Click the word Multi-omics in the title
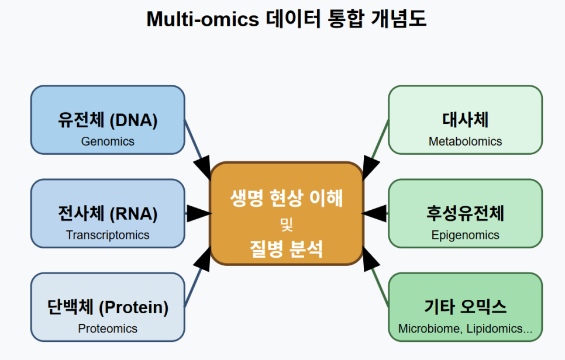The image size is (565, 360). coord(202,19)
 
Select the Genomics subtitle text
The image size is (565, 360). coord(108,141)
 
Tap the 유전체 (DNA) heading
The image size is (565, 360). coord(108,120)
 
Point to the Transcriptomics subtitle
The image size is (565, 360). coord(108,235)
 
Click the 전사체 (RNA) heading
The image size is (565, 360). coord(108,213)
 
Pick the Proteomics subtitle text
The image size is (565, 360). coord(108,328)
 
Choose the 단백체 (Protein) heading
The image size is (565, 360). coord(108,307)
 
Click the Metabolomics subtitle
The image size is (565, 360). coord(465,141)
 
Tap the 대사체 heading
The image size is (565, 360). coord(465,120)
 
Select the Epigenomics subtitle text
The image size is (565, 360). coord(465,235)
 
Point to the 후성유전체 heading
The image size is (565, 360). coord(465,213)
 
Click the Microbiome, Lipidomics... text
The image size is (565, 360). coord(465,328)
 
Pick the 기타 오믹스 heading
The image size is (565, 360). coord(465,307)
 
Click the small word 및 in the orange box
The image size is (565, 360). coord(287,224)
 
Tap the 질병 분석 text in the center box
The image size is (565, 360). coord(287,249)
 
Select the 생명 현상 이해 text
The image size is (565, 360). coord(287,198)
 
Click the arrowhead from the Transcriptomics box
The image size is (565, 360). coord(199,213)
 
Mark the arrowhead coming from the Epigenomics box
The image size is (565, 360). coord(374,213)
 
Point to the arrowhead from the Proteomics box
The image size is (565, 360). coord(203,259)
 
